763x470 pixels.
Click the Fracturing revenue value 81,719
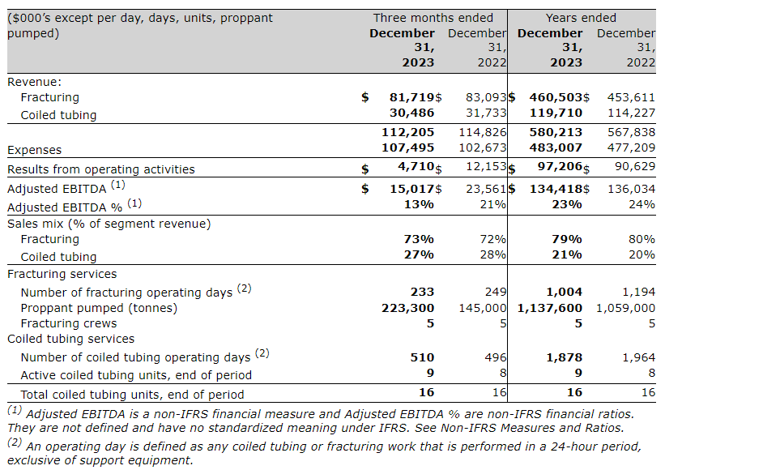[411, 97]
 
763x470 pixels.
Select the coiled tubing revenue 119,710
[556, 113]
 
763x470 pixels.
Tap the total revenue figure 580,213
[556, 132]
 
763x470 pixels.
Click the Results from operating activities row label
[101, 169]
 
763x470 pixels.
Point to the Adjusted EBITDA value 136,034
[631, 189]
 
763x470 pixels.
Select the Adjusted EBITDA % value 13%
[419, 204]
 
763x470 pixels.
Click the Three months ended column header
[433, 18]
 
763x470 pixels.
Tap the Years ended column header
[581, 18]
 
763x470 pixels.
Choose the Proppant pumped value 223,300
[407, 308]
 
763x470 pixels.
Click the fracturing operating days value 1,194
[638, 292]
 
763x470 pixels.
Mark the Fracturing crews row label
[69, 323]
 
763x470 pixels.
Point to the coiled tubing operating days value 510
[422, 357]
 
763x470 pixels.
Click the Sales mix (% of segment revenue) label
[109, 224]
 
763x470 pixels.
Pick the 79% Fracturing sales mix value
[567, 239]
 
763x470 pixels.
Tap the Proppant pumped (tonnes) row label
[99, 308]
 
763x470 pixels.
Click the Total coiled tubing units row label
[132, 395]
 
